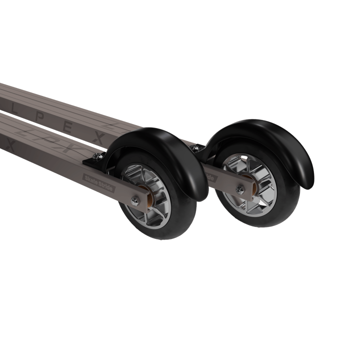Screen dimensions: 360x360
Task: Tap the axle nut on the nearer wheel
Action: [x=134, y=200]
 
